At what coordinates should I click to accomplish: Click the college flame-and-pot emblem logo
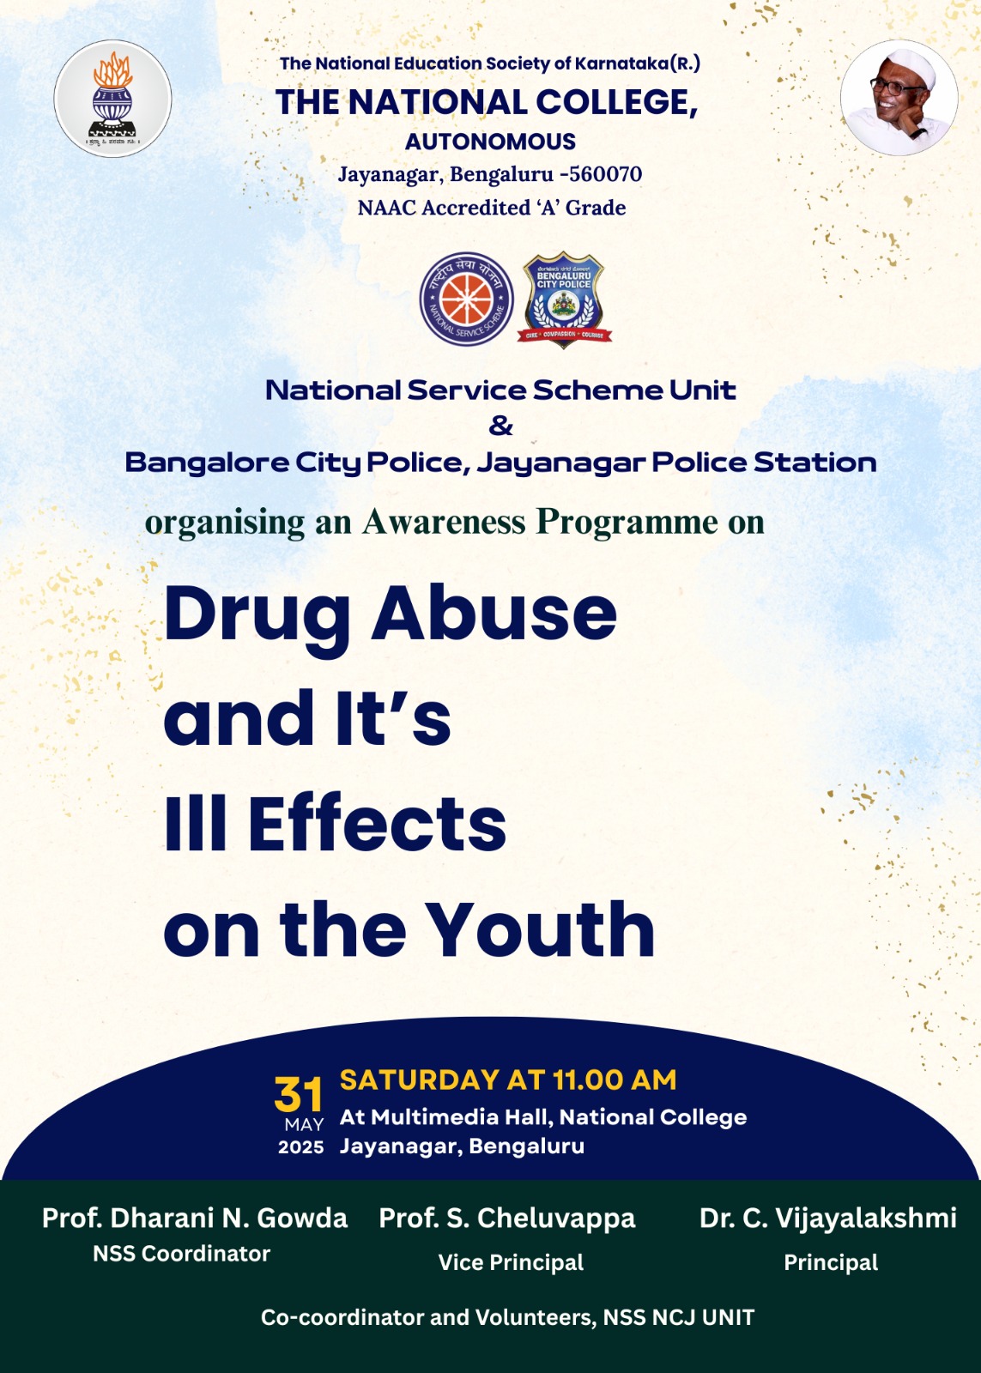click(x=112, y=99)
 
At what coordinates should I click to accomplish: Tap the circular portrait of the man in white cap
click(x=899, y=98)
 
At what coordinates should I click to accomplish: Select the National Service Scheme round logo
click(x=467, y=299)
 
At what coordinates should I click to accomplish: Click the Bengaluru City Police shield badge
click(x=564, y=299)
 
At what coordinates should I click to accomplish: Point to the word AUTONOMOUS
click(x=491, y=142)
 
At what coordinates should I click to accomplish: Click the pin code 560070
click(x=605, y=174)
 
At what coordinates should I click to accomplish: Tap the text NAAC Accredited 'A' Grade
click(x=492, y=207)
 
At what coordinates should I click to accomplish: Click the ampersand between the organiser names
click(x=501, y=426)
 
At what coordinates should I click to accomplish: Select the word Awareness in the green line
click(x=443, y=522)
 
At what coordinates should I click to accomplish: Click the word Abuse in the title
click(x=494, y=613)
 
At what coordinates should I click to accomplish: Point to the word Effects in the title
click(x=377, y=823)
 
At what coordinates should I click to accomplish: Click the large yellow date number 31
click(x=298, y=1095)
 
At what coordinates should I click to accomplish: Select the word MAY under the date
click(x=304, y=1125)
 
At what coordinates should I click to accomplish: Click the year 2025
click(x=301, y=1147)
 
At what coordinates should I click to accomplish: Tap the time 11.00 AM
click(x=615, y=1080)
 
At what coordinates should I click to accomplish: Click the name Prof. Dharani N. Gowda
click(x=195, y=1218)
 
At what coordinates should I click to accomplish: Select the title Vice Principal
click(x=511, y=1262)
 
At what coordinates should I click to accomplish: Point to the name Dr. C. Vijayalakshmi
click(x=827, y=1218)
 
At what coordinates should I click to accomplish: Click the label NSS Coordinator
click(x=181, y=1254)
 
